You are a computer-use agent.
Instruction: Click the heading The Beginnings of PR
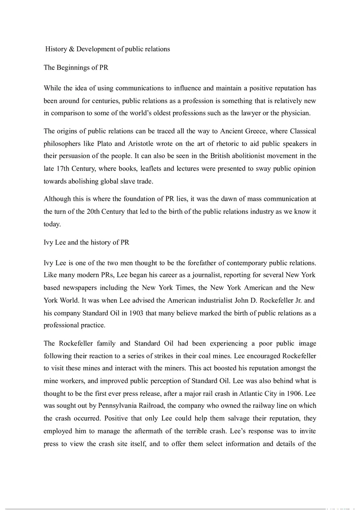(76, 67)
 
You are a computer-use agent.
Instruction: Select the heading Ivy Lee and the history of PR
(86, 243)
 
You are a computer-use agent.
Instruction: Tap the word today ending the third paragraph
(52, 224)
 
